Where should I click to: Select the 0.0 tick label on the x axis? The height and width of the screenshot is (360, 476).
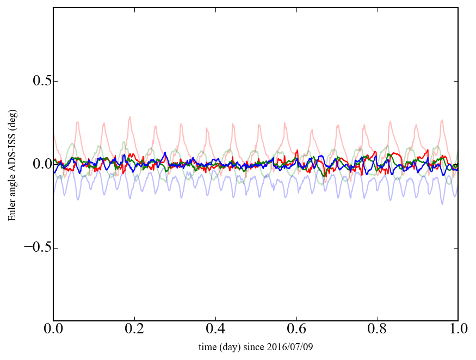click(53, 330)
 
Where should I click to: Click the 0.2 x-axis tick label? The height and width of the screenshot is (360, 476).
click(134, 330)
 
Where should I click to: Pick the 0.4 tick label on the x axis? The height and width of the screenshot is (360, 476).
click(215, 330)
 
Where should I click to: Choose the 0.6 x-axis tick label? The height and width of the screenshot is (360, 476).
click(296, 330)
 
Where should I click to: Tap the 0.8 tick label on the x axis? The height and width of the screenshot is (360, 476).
click(378, 330)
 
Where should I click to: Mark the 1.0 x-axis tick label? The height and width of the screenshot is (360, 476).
click(458, 330)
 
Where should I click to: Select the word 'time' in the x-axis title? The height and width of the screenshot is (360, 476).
click(207, 346)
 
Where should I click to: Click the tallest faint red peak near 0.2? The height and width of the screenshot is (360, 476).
click(129, 116)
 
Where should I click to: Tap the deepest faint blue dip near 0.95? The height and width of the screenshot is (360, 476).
click(442, 203)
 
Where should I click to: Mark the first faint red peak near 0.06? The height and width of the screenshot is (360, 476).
click(78, 122)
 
